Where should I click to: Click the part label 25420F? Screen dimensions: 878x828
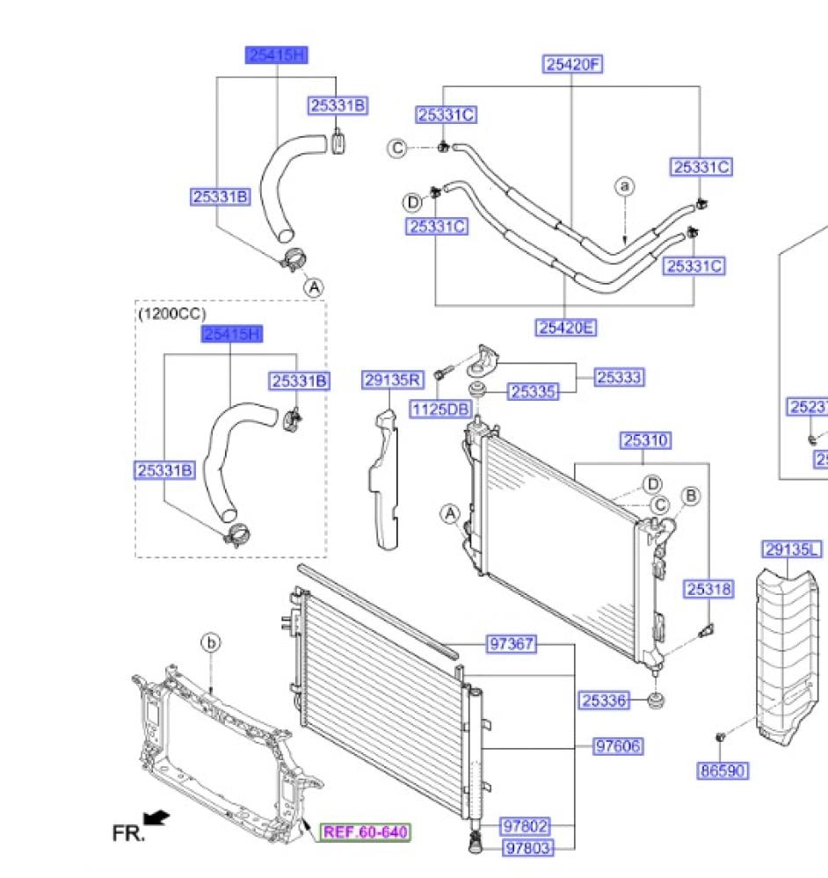coord(573,63)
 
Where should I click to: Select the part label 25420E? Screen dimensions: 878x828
coord(565,328)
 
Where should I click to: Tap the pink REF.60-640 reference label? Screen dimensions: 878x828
coord(365,831)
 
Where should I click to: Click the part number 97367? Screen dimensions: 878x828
coord(511,644)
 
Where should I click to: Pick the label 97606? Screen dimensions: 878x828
coord(618,746)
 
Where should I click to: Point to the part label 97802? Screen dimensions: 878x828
coord(526,826)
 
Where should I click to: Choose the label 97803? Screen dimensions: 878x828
coord(526,847)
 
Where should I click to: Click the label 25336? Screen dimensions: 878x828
coord(604,700)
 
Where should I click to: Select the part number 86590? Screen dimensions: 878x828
coord(722,771)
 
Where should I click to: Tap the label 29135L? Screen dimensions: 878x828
coord(791,550)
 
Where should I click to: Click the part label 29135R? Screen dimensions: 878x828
coord(392,380)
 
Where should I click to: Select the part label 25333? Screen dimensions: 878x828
coord(619,377)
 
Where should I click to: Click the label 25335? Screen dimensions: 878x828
coord(534,392)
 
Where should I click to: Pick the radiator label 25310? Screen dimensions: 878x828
coord(646,440)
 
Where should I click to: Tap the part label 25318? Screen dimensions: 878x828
coord(708,590)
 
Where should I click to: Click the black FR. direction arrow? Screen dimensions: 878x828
coord(156,819)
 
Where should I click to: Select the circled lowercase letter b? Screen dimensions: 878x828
coord(211,644)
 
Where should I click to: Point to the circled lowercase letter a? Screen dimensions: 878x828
coord(624,186)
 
